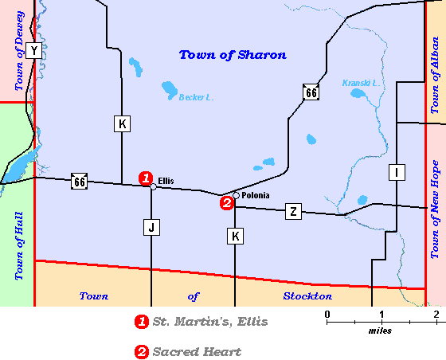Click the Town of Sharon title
tap(233, 55)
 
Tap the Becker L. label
tap(198, 98)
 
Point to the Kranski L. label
tap(359, 83)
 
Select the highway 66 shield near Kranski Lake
tap(311, 92)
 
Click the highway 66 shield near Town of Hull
tap(79, 182)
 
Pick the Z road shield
tap(294, 211)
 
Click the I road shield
tap(395, 172)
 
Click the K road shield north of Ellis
tap(121, 124)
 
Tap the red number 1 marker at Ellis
tap(145, 178)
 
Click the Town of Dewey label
tap(18, 51)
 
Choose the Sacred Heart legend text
tap(197, 351)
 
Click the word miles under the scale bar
tap(379, 330)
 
